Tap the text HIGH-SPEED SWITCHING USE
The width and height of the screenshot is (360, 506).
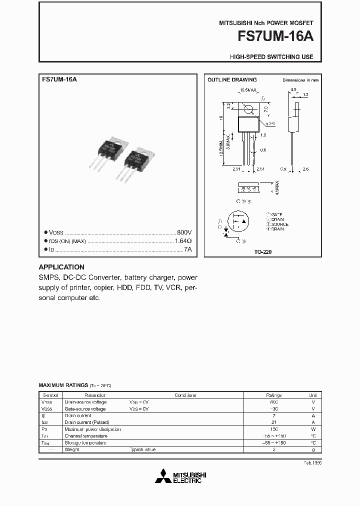point(271,57)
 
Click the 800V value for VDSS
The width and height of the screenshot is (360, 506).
point(184,233)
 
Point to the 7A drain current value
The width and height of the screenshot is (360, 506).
point(187,249)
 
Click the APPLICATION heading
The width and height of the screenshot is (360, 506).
point(61,267)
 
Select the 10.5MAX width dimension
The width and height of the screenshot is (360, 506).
point(248,90)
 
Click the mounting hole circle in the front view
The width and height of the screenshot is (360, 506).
point(247,107)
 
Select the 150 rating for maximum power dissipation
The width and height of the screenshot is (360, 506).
point(273,429)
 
